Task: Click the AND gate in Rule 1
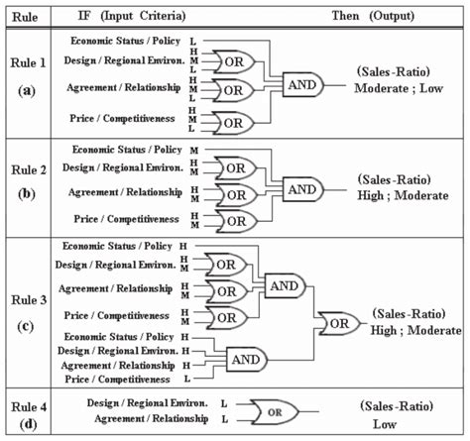click(x=301, y=87)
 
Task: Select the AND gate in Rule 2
click(x=301, y=187)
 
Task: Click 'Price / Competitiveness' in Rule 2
click(x=124, y=218)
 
